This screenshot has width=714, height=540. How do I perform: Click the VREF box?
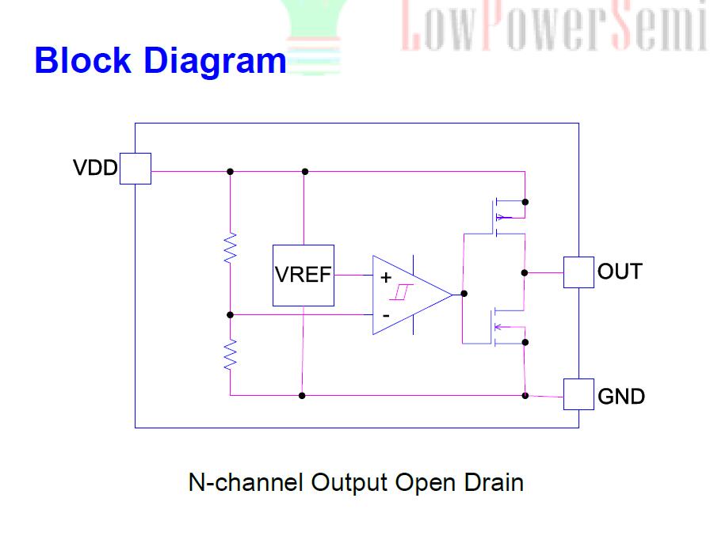coord(304,275)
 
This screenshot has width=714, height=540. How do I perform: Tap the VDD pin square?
coord(135,169)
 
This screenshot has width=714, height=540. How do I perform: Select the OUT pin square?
coord(578,272)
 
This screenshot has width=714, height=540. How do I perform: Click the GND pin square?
coord(578,394)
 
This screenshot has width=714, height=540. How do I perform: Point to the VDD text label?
coord(95,169)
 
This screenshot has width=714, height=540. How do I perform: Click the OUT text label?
coord(620,272)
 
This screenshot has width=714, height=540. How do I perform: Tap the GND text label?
coord(621,396)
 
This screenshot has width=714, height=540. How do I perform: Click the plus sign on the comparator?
coord(386,277)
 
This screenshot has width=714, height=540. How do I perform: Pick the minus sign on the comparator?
coord(386,315)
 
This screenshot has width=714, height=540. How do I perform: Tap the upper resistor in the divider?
coord(231,247)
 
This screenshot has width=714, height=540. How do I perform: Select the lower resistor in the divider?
coord(231,355)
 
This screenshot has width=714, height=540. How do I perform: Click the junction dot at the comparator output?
coord(464,294)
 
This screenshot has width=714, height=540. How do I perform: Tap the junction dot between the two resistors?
coord(231,314)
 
